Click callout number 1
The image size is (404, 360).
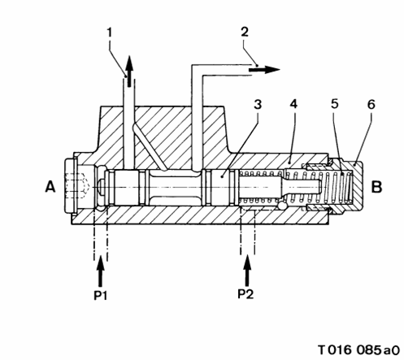point(110,33)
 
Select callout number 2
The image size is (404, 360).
point(245,32)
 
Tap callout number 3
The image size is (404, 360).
point(258,104)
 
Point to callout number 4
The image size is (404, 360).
point(293,104)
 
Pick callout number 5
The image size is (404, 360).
point(335,104)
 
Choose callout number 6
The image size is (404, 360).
point(371,104)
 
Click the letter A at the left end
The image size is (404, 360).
point(50,187)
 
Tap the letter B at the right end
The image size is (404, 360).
point(376,187)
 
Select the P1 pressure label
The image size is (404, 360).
point(100,295)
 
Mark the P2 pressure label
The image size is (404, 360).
point(245,293)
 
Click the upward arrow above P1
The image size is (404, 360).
point(101,271)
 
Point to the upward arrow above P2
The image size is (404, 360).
point(247,270)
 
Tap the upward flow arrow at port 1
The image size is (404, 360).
point(129,72)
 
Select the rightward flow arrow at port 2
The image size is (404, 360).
point(264,70)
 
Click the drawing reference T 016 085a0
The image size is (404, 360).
point(358,349)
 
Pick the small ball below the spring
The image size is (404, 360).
point(282,206)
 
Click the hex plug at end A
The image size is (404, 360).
point(72,187)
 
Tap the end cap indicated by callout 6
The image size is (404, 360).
point(352,187)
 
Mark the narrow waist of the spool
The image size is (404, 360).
point(174,187)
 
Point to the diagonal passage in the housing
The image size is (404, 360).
point(149,148)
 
